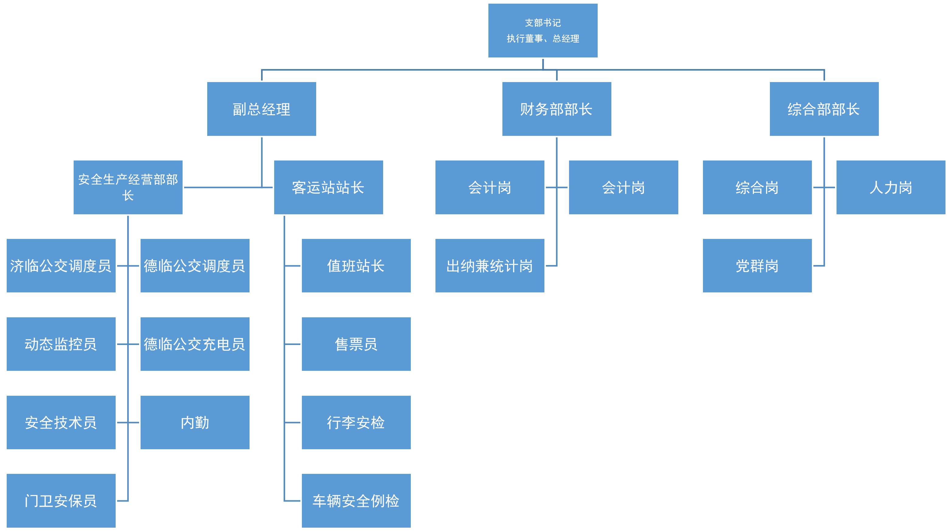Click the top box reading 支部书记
click(543, 23)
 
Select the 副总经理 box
click(261, 109)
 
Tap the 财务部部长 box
click(557, 109)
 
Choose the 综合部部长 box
click(824, 109)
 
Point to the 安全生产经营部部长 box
click(128, 187)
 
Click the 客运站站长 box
click(328, 187)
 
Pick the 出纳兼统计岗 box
click(490, 266)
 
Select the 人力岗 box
click(890, 187)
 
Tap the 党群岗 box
click(757, 266)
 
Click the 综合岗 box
click(757, 187)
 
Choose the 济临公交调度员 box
click(61, 266)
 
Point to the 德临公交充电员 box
click(195, 344)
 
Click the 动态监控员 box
click(61, 344)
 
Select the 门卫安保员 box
click(61, 501)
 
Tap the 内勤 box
click(195, 422)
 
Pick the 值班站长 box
click(356, 266)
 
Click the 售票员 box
click(356, 344)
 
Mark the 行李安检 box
click(356, 422)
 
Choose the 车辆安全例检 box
click(356, 501)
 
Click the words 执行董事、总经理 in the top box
click(543, 39)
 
